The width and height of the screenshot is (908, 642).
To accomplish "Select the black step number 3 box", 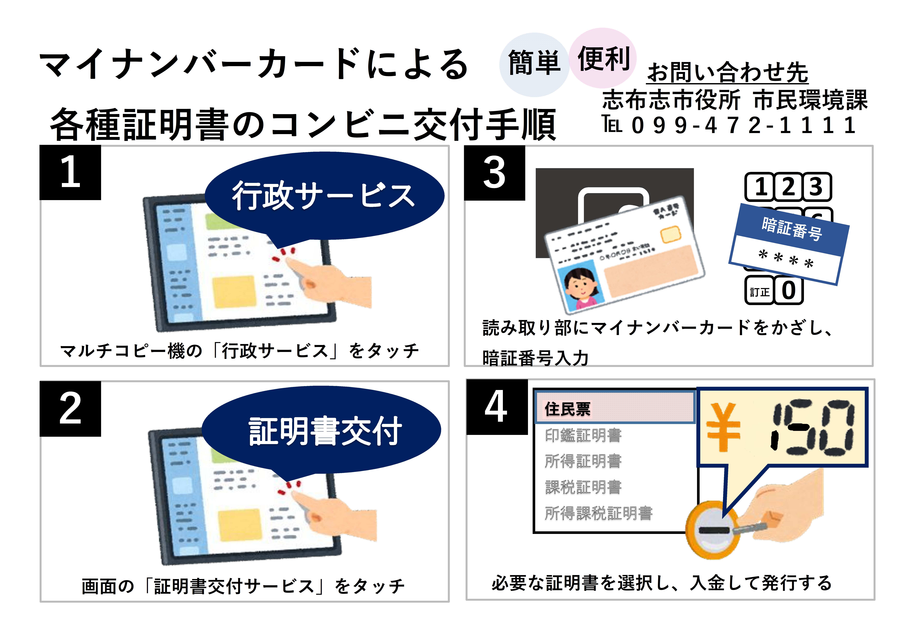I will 494,173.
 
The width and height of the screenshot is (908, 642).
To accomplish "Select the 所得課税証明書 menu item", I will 598,513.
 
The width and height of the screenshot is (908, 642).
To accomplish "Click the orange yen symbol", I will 723,427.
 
